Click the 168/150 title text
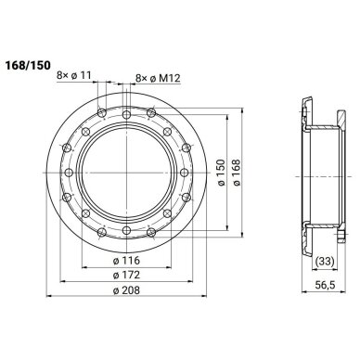27,65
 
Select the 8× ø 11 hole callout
74,75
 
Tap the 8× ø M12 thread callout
158,78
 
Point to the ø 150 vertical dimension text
221,173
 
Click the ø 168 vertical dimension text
237,173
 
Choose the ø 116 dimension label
126,261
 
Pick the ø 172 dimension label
126,275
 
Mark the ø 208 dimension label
126,290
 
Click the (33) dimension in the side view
324,262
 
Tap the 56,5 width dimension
326,285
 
